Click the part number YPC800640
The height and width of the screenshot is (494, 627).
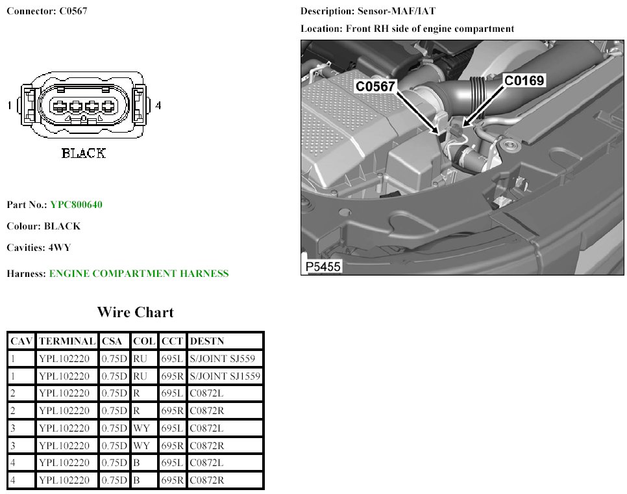[76, 205]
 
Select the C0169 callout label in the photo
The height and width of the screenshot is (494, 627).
[524, 80]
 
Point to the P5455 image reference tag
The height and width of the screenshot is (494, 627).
[323, 266]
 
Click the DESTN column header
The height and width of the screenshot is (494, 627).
[207, 341]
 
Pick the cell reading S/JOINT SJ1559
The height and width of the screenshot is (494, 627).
[225, 376]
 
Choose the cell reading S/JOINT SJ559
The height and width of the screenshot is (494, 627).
[222, 358]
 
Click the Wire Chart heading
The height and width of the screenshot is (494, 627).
[135, 312]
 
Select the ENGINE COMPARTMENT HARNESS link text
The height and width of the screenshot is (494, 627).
[139, 274]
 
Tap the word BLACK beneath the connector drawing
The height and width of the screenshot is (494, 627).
[83, 154]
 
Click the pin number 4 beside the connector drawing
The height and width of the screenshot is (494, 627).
[158, 105]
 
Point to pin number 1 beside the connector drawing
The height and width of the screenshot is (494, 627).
[9, 105]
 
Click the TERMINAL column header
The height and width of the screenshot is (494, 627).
[67, 341]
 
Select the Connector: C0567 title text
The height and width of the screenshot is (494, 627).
[47, 12]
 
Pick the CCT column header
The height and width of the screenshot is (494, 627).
[172, 341]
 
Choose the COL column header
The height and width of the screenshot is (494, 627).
[144, 341]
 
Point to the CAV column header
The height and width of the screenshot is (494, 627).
[21, 341]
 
